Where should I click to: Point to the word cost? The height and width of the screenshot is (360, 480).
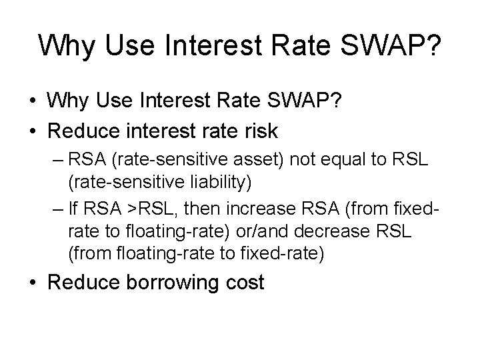point(243,282)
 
